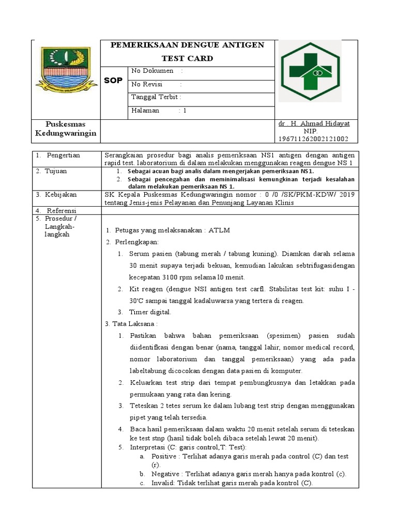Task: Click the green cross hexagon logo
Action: (310, 71)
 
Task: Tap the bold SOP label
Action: (113, 81)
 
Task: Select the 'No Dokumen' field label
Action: (152, 71)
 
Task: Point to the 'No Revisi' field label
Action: (147, 84)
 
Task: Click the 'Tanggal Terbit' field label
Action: (156, 97)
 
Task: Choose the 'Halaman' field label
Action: (145, 111)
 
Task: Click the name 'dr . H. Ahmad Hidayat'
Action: (314, 124)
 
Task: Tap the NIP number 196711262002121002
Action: (313, 139)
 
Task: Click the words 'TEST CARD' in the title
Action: (187, 58)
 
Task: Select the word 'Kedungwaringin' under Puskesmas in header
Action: (66, 133)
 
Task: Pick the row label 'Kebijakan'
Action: (60, 194)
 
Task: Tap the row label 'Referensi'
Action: (61, 211)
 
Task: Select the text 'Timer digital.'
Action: (150, 312)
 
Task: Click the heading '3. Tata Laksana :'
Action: (131, 324)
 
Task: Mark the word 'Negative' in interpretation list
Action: (165, 474)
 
